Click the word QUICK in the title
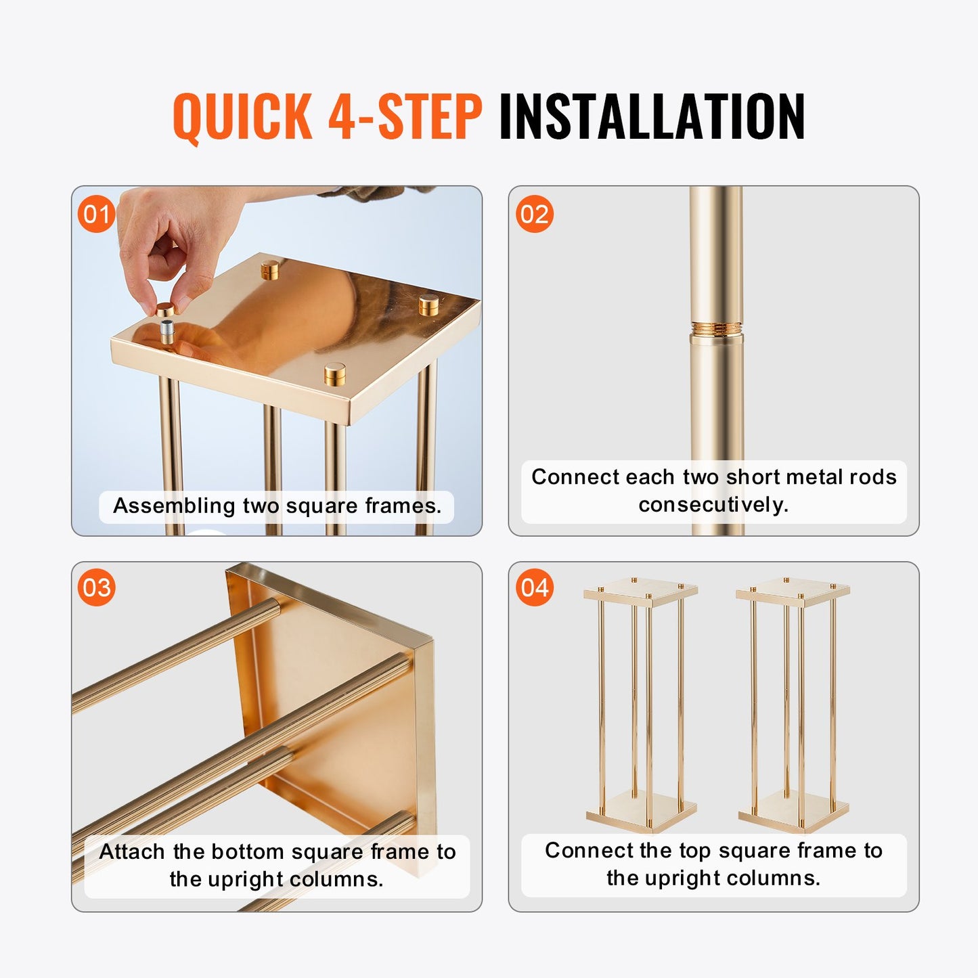(242, 116)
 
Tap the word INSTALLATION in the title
(651, 116)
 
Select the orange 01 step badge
(96, 214)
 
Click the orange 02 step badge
(534, 214)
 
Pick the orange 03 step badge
(96, 587)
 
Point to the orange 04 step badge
(534, 587)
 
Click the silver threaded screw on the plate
(167, 332)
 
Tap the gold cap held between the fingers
(164, 309)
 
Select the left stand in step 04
(641, 704)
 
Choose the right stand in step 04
(793, 704)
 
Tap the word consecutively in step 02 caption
(713, 504)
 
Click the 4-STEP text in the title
(405, 116)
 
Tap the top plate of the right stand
(793, 590)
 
